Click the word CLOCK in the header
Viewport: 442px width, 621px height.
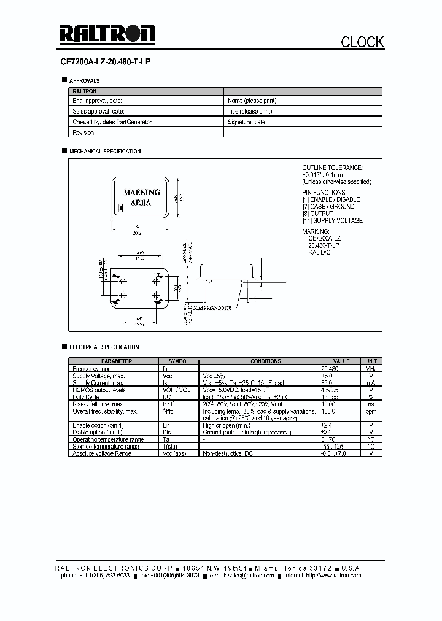click(362, 42)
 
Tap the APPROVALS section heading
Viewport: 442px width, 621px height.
click(84, 81)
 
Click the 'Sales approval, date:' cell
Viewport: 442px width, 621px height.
click(99, 112)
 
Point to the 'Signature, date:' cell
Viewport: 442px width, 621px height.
click(247, 122)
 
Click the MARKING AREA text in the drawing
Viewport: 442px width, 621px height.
click(141, 197)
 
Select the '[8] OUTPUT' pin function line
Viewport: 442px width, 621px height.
click(317, 214)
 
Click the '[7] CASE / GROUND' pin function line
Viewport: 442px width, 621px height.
click(328, 207)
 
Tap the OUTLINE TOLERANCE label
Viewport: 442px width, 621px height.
click(332, 168)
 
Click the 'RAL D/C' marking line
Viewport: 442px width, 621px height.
click(319, 252)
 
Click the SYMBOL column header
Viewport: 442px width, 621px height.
click(179, 361)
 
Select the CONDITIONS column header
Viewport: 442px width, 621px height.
click(265, 361)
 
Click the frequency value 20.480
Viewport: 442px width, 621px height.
click(330, 368)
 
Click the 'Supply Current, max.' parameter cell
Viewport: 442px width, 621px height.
click(98, 382)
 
